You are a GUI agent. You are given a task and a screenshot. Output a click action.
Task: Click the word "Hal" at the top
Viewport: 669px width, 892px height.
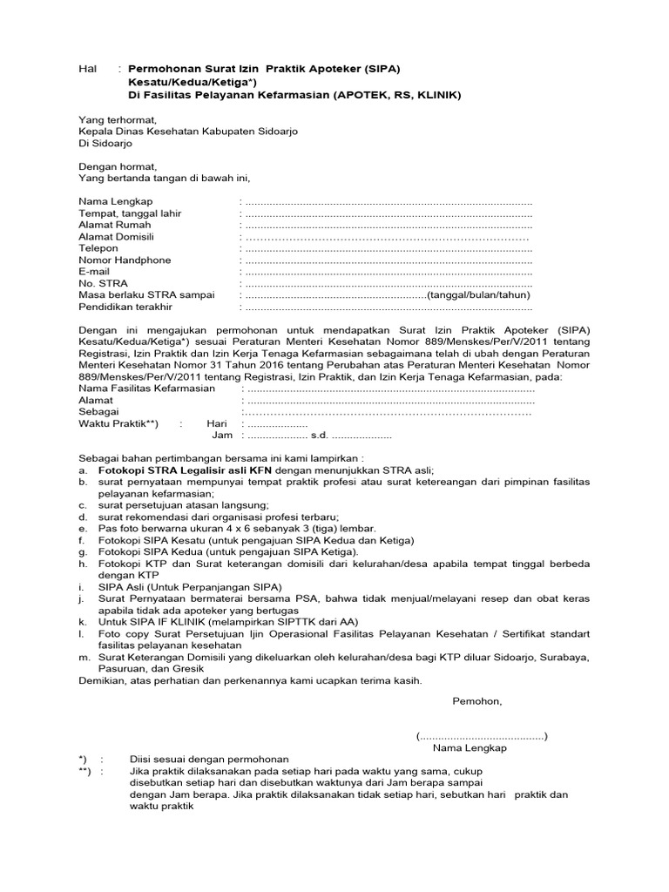pyautogui.click(x=87, y=69)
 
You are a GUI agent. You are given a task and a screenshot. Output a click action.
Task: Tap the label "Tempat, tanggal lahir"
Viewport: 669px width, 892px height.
pyautogui.click(x=131, y=213)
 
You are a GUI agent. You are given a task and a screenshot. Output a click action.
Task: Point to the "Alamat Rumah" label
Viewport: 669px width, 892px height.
pyautogui.click(x=114, y=225)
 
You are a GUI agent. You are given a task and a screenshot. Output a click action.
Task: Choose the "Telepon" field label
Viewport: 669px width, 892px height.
pyautogui.click(x=98, y=248)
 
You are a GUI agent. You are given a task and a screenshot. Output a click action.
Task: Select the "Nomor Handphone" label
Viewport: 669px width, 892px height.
pyautogui.click(x=125, y=260)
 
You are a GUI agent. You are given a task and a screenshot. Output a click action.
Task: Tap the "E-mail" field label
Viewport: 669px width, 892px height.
pyautogui.click(x=94, y=272)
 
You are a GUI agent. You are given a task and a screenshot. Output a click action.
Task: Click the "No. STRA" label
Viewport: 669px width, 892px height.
pyautogui.click(x=103, y=284)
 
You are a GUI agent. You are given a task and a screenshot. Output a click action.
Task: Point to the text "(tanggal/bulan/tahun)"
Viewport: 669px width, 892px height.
pyautogui.click(x=478, y=295)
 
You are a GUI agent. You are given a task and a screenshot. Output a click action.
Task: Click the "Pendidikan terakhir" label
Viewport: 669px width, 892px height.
pyautogui.click(x=125, y=307)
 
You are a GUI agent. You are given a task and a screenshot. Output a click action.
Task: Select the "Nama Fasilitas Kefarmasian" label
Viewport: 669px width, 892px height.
pyautogui.click(x=146, y=389)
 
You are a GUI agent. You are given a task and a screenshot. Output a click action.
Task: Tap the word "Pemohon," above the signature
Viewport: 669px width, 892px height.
pyautogui.click(x=476, y=700)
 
